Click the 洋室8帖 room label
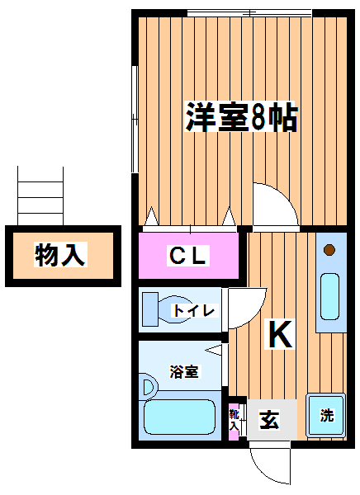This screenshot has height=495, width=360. click(x=241, y=117)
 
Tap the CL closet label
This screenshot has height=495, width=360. click(x=188, y=255)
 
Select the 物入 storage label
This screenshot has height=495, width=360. click(x=60, y=254)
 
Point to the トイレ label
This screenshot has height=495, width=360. click(x=194, y=311)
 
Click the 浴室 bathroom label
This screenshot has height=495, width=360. click(x=184, y=371)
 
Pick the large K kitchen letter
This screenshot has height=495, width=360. click(x=280, y=334)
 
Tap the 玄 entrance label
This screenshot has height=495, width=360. click(x=269, y=420)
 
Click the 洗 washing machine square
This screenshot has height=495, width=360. click(x=326, y=415)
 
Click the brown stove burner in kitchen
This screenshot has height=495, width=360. click(x=329, y=250)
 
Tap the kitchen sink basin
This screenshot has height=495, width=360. click(x=329, y=297)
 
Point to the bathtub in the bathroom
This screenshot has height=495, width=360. click(x=179, y=417)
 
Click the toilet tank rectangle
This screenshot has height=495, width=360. click(x=149, y=309)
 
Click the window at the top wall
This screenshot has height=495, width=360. click(x=249, y=13)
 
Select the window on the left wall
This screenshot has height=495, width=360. click(x=135, y=120)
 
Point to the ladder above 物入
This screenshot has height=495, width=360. click(x=40, y=196)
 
